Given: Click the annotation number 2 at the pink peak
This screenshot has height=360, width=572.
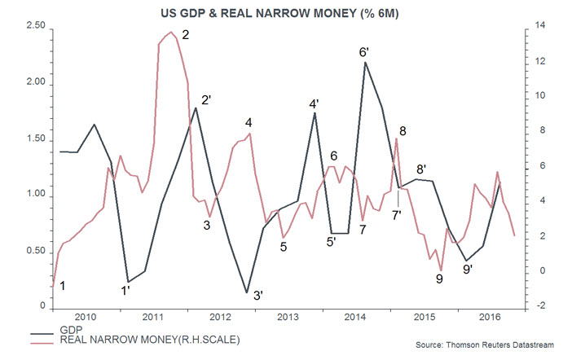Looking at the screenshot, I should (186, 35).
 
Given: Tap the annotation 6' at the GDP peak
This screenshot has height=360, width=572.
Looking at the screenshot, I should (364, 52).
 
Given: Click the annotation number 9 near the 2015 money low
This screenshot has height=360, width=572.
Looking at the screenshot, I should (439, 279).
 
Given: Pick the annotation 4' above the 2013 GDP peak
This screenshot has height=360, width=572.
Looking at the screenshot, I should (315, 103).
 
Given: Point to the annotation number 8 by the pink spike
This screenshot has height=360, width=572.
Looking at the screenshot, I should (403, 130).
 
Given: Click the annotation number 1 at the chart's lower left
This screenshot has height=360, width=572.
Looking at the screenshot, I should (64, 285).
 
